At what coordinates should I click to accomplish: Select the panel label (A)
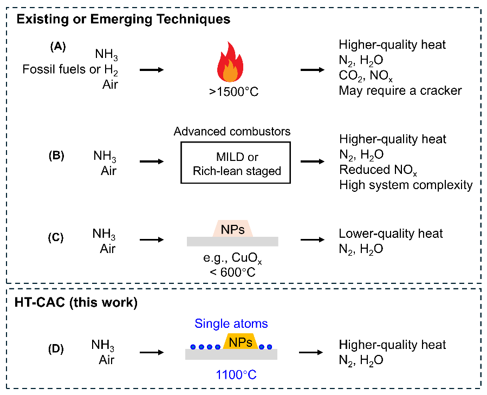[x=57, y=47]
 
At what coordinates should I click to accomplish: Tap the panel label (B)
[x=57, y=156]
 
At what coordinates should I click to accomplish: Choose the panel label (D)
[x=57, y=349]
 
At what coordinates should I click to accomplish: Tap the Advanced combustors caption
[x=232, y=132]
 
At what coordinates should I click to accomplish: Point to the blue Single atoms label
[x=232, y=323]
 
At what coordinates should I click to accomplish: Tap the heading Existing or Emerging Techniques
[x=124, y=20]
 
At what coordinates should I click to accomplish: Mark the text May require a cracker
[x=400, y=90]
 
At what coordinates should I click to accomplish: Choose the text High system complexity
[x=406, y=185]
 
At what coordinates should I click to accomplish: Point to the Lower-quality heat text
[x=391, y=234]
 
